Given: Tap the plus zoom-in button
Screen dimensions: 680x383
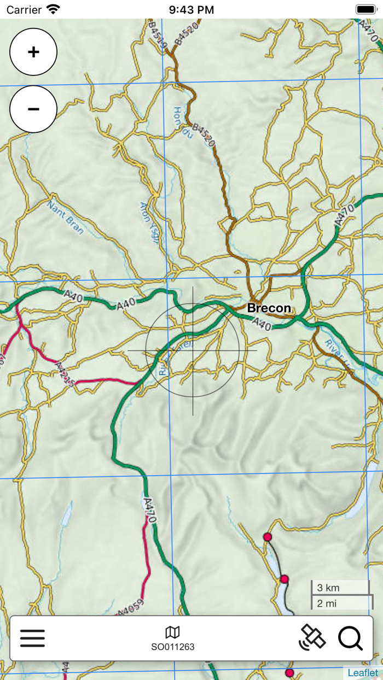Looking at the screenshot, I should pyautogui.click(x=33, y=52).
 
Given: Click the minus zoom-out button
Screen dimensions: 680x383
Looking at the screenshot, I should pyautogui.click(x=33, y=109).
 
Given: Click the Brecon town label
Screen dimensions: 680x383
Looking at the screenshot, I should pyautogui.click(x=269, y=308).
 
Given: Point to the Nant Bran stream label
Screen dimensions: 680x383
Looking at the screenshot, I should pyautogui.click(x=65, y=217).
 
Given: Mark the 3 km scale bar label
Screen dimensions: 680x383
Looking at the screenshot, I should pyautogui.click(x=329, y=588).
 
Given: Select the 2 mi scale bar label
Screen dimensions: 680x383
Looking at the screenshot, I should pyautogui.click(x=327, y=603).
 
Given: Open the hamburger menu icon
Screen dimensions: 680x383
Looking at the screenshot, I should pyautogui.click(x=32, y=638).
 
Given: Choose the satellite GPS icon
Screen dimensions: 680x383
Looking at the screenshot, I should pyautogui.click(x=312, y=638).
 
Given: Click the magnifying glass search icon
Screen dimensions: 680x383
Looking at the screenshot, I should pyautogui.click(x=350, y=638).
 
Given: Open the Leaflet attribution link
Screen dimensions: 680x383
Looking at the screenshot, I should pyautogui.click(x=363, y=673).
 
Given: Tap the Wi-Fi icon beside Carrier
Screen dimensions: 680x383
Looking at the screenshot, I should pyautogui.click(x=53, y=9).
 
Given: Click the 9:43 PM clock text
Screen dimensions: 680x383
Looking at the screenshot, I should pyautogui.click(x=191, y=10).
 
